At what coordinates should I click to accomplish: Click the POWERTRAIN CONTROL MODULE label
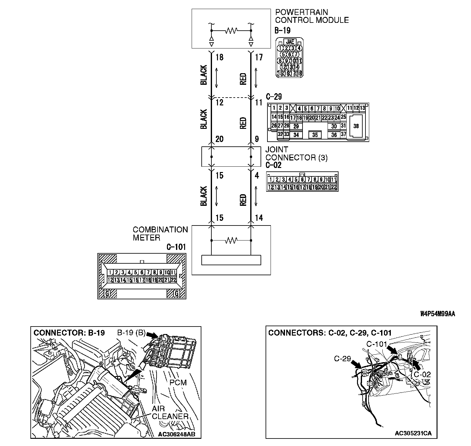pyautogui.click(x=312, y=16)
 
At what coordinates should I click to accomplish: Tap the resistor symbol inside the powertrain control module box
pyautogui.click(x=231, y=31)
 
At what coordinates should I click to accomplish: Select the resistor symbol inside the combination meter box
pyautogui.click(x=231, y=241)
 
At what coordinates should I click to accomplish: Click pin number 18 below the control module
pyautogui.click(x=220, y=58)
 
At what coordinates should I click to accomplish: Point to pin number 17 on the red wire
pyautogui.click(x=259, y=58)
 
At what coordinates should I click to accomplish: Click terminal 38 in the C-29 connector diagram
pyautogui.click(x=356, y=126)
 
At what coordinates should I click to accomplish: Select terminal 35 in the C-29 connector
pyautogui.click(x=315, y=135)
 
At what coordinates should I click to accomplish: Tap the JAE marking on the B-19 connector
pyautogui.click(x=290, y=42)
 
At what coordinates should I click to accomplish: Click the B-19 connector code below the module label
pyautogui.click(x=282, y=30)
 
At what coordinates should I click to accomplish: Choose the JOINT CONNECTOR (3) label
pyautogui.click(x=296, y=154)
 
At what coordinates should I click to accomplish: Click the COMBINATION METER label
pyautogui.click(x=160, y=234)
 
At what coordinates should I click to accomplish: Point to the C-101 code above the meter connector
pyautogui.click(x=176, y=247)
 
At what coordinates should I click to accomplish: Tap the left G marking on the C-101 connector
pyautogui.click(x=107, y=293)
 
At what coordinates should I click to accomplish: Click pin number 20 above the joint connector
pyautogui.click(x=220, y=139)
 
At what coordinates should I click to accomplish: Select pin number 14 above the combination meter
pyautogui.click(x=259, y=218)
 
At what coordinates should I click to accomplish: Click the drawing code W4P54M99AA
pyautogui.click(x=437, y=314)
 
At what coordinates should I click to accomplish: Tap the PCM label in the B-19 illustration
pyautogui.click(x=178, y=382)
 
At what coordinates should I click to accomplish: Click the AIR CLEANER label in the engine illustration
pyautogui.click(x=170, y=413)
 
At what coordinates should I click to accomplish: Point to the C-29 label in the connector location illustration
pyautogui.click(x=342, y=358)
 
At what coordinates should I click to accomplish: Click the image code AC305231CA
pyautogui.click(x=413, y=433)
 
